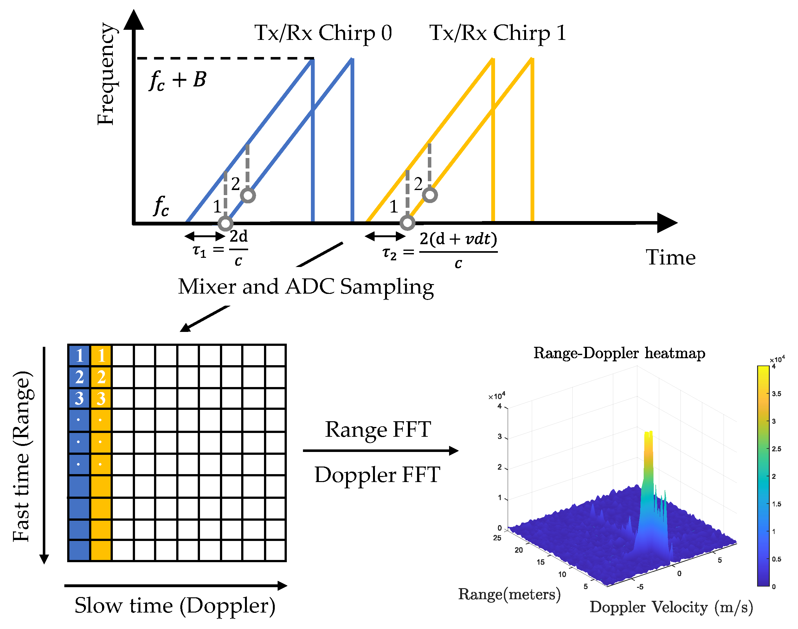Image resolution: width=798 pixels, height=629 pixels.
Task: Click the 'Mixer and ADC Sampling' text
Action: tap(306, 287)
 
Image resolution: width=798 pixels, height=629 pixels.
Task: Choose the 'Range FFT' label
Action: tap(378, 429)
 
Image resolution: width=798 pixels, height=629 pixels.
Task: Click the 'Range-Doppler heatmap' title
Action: tap(619, 353)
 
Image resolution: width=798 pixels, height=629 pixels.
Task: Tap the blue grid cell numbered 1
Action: tap(79, 355)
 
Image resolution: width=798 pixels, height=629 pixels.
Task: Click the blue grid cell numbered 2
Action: tap(79, 377)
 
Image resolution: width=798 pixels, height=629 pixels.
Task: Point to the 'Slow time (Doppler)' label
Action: tap(175, 606)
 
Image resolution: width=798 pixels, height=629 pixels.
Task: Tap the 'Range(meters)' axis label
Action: tap(509, 594)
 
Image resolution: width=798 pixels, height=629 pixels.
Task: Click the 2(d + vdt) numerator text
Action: tap(458, 239)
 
